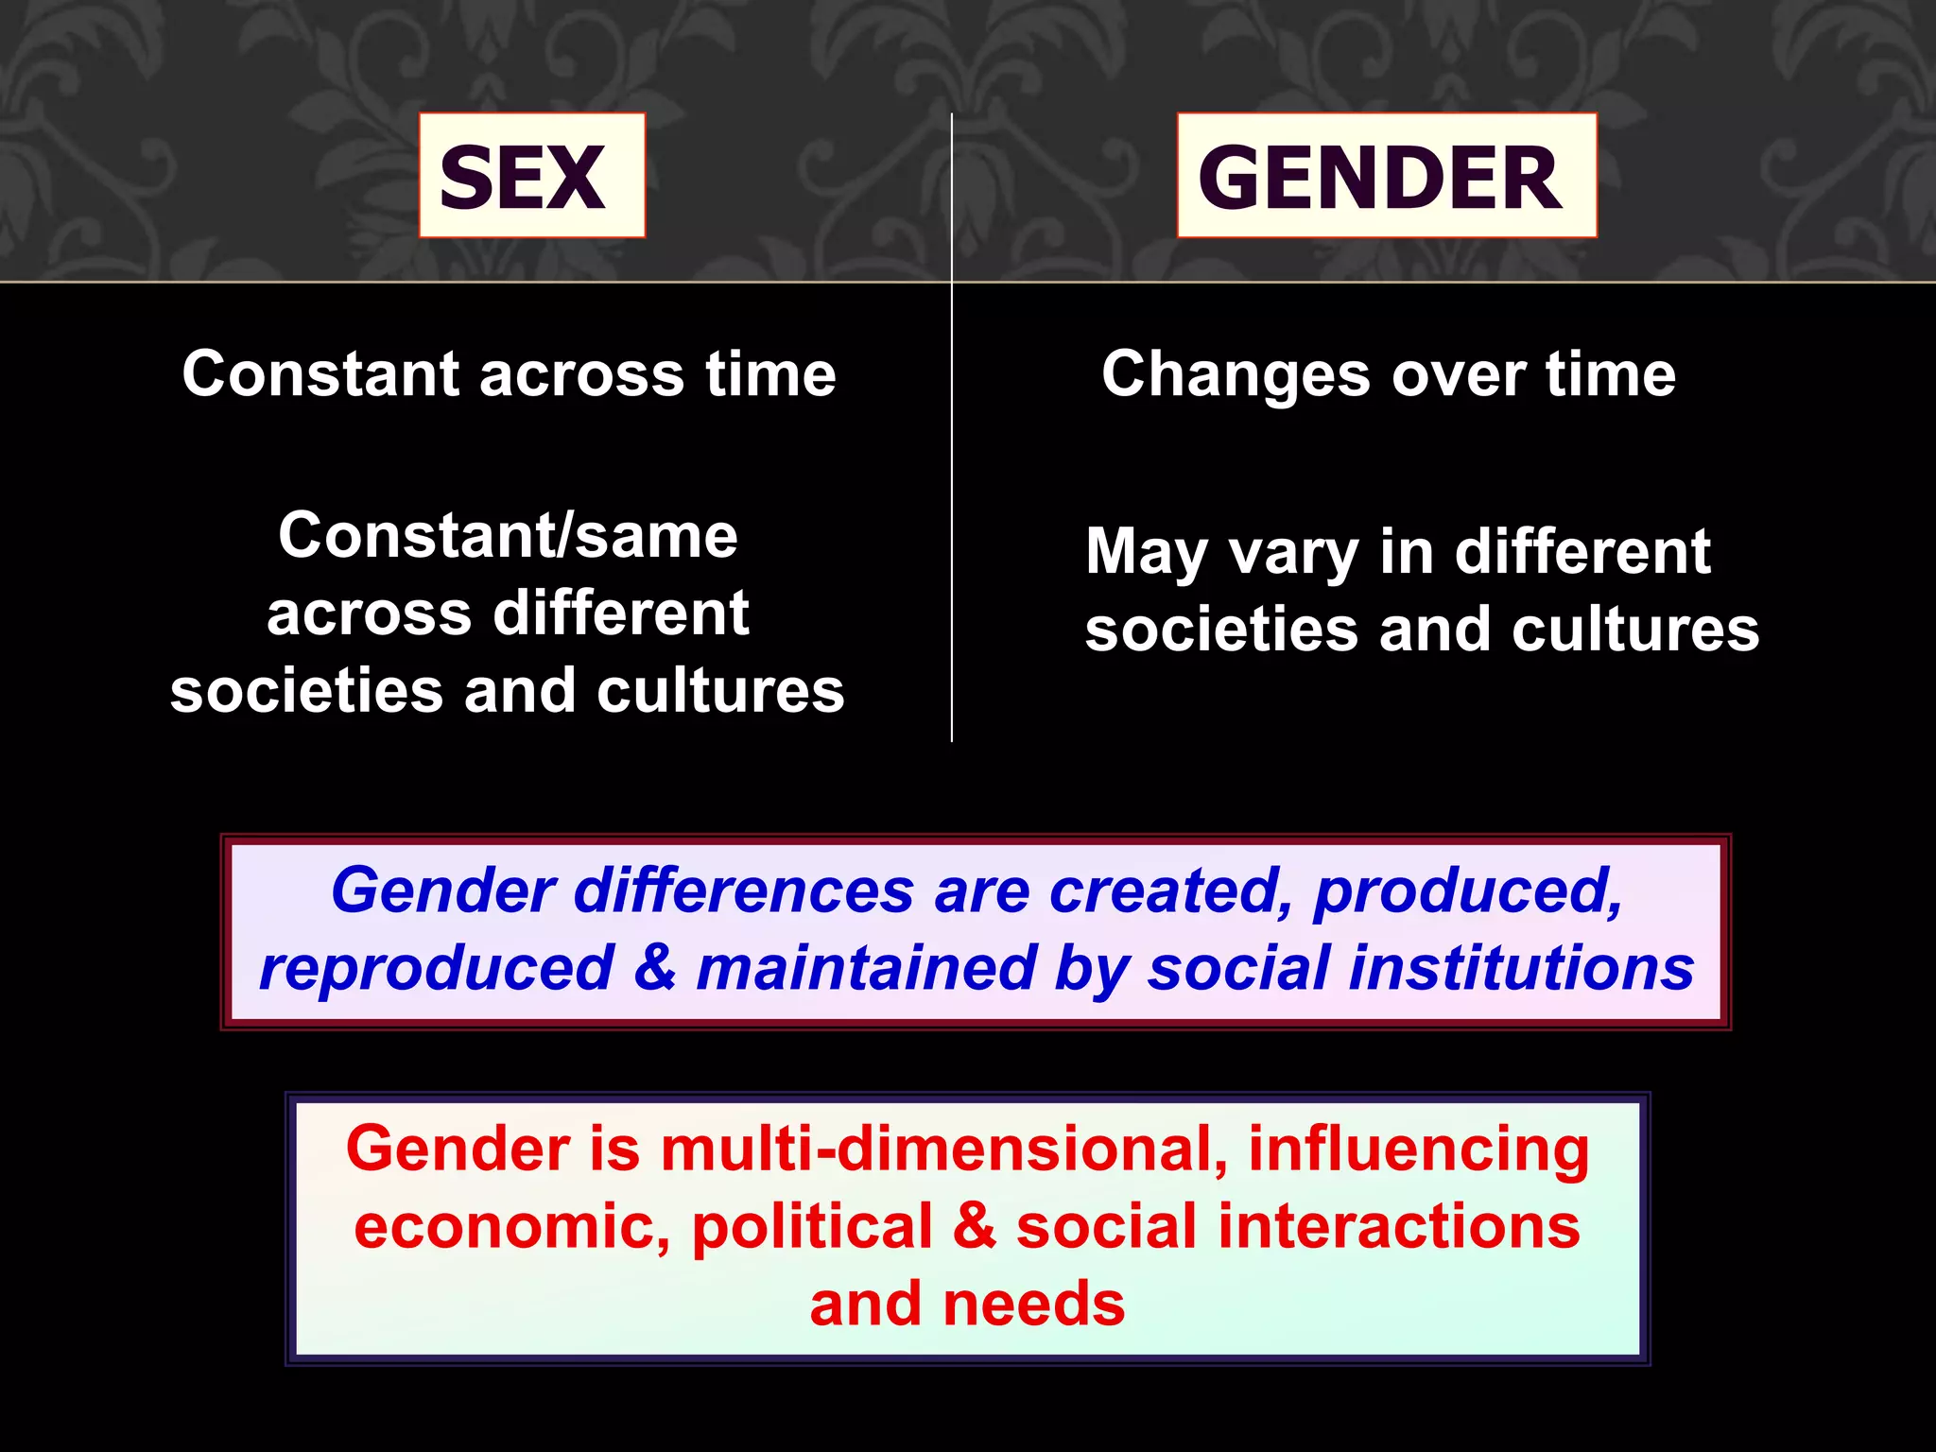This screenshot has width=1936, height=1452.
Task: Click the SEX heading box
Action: point(532,176)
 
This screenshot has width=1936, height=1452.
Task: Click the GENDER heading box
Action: point(1386,176)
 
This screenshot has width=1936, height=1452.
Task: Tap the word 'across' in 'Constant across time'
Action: point(581,374)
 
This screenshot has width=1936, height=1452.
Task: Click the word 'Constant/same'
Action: point(508,536)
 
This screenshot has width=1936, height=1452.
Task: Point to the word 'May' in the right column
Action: point(1146,552)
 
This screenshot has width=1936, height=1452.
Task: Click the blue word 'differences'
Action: point(744,890)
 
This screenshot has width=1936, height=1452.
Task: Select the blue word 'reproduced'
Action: point(437,968)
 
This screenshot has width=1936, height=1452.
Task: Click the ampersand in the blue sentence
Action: point(655,968)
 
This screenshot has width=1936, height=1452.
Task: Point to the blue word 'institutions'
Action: point(1521,968)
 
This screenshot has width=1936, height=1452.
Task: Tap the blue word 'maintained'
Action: point(866,968)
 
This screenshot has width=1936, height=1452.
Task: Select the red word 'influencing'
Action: point(1419,1149)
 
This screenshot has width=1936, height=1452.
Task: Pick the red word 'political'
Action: point(812,1227)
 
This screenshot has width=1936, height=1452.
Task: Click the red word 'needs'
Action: point(1034,1305)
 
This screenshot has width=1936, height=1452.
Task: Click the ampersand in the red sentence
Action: point(974,1227)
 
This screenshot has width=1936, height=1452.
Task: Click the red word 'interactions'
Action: point(1398,1227)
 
